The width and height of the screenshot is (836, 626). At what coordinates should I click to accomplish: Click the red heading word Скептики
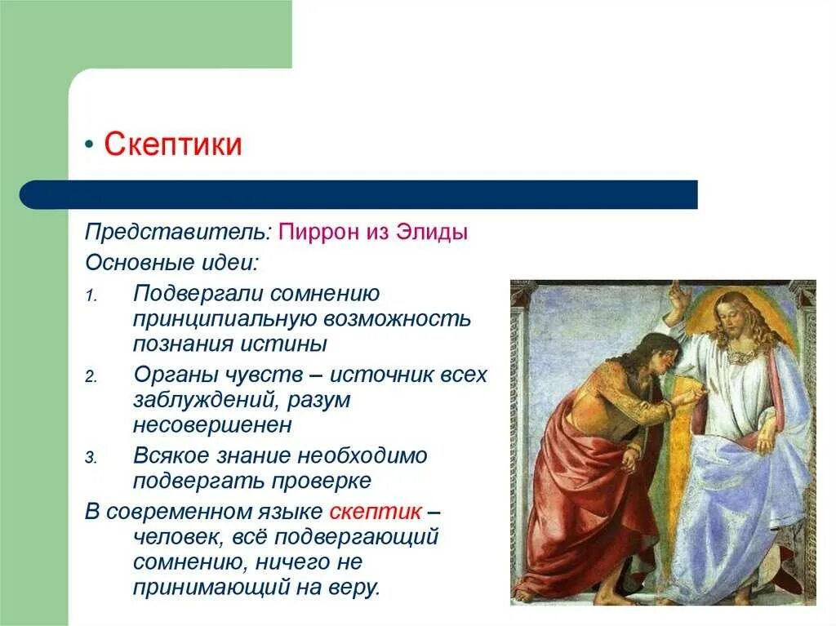click(x=172, y=145)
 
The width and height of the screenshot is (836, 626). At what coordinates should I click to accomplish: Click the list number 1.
click(x=91, y=295)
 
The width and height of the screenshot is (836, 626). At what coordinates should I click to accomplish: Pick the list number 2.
click(x=91, y=378)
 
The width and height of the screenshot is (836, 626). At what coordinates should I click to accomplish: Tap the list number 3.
click(x=91, y=459)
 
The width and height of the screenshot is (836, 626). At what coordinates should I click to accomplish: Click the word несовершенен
click(x=212, y=425)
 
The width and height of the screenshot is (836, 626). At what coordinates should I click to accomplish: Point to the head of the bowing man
click(x=638, y=349)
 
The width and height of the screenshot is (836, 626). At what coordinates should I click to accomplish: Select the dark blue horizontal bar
click(x=359, y=194)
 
